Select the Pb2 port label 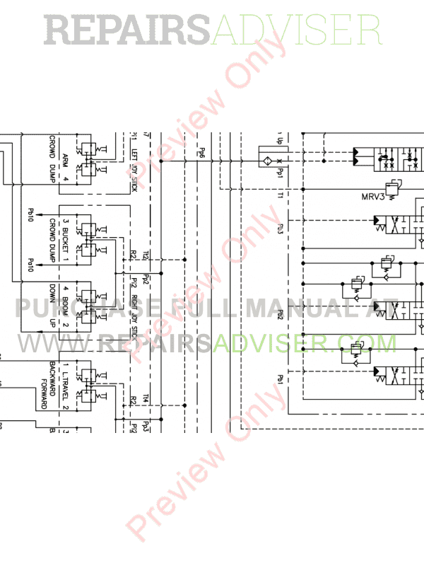281,314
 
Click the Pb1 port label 281,380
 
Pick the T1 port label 281,195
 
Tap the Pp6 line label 201,151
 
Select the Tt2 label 146,255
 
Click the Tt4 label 146,398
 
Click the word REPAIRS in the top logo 127,31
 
